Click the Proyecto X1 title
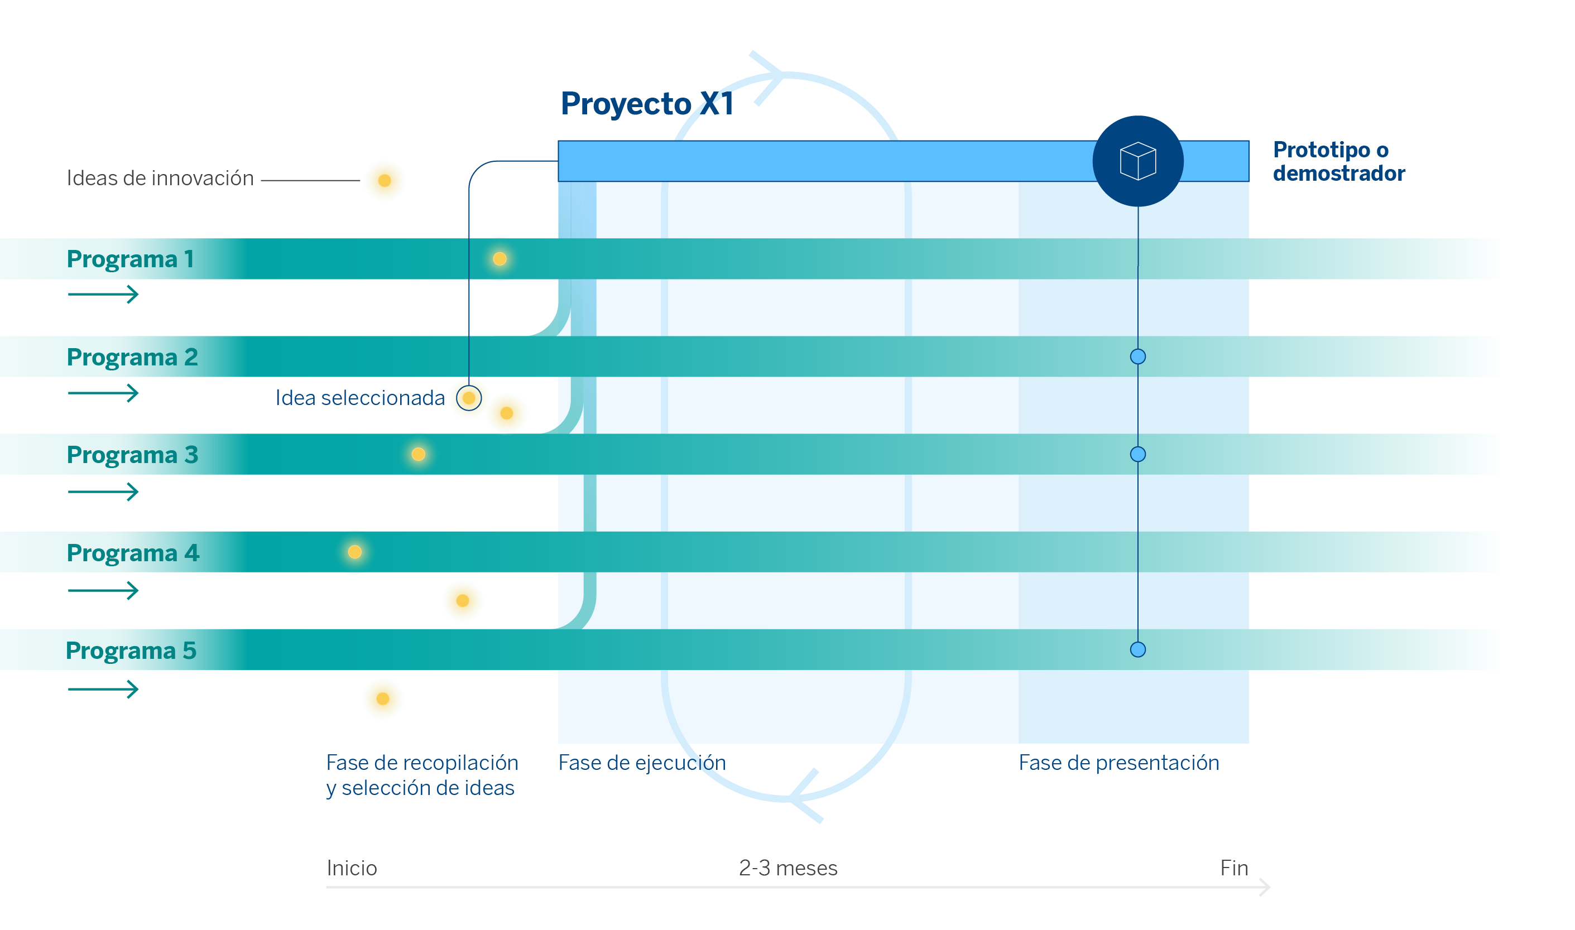point(646,103)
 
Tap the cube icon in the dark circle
point(1137,161)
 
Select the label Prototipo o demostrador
point(1338,161)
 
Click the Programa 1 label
point(129,259)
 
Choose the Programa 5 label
point(131,650)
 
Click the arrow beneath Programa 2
point(103,393)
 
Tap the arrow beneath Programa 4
point(103,590)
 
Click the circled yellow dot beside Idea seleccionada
point(469,398)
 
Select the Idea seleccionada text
point(360,398)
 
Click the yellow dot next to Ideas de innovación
point(385,181)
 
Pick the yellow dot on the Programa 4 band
point(355,552)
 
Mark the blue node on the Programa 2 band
point(1137,356)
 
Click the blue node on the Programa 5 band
point(1137,650)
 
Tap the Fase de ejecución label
point(642,763)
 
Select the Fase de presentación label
point(1118,763)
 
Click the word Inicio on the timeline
point(352,868)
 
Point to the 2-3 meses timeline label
point(788,868)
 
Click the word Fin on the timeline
point(1233,868)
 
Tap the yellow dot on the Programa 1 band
point(500,259)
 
